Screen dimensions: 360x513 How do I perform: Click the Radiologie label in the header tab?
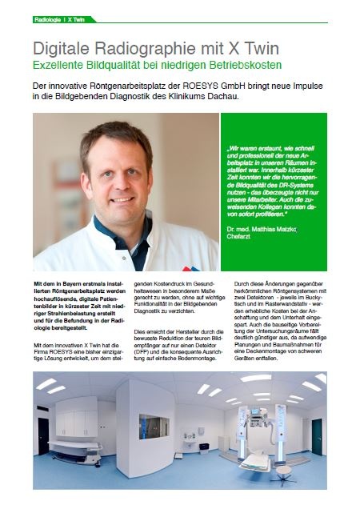tap(49, 18)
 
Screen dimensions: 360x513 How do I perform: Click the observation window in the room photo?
tap(154, 426)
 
